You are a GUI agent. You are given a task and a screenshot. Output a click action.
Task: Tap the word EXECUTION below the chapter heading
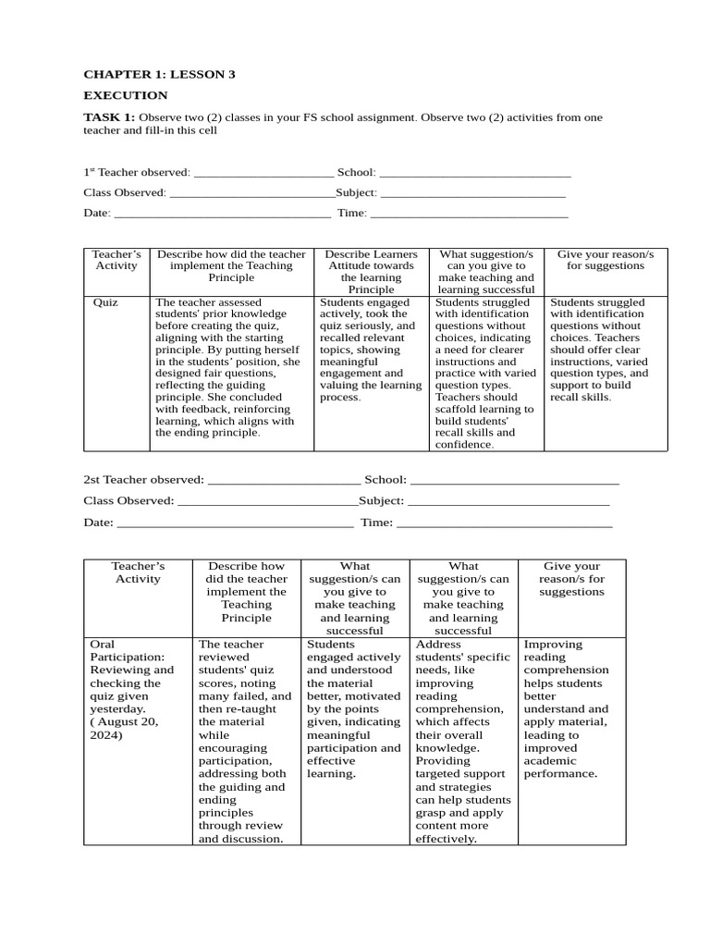(126, 95)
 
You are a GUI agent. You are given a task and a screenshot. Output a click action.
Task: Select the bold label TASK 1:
(109, 117)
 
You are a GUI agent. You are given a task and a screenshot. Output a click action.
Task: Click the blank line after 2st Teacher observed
(284, 480)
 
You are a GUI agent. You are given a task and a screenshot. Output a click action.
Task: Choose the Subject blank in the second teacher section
(508, 501)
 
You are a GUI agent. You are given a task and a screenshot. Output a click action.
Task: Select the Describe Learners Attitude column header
(371, 271)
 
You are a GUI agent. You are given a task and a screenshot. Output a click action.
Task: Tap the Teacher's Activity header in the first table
(116, 260)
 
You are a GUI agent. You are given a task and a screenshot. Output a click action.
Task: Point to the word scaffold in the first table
(458, 409)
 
